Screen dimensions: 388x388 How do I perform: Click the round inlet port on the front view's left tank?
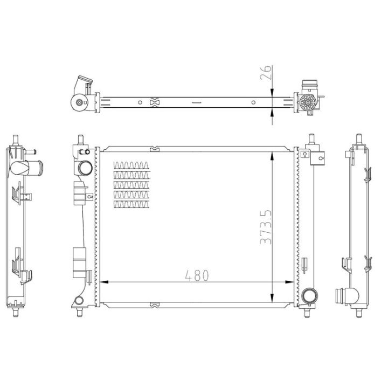(85, 168)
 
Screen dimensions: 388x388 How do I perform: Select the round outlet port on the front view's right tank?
(310, 295)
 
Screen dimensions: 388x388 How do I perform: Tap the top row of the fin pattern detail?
(130, 164)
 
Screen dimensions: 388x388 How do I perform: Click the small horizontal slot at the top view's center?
(196, 102)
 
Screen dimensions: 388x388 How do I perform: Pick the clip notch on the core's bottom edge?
(154, 306)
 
